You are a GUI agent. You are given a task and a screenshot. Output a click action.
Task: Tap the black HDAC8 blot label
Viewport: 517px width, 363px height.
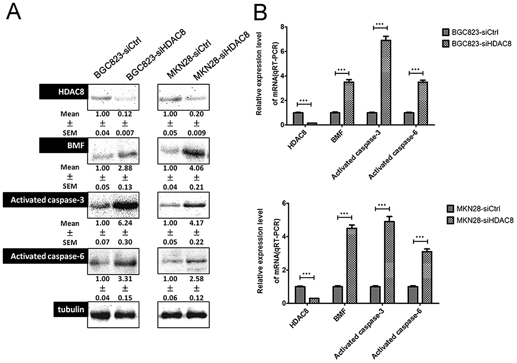click(x=64, y=92)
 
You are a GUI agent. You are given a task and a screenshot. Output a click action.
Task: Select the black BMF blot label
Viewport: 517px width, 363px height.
click(x=64, y=146)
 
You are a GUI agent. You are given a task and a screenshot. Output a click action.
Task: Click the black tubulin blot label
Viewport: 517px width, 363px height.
click(x=71, y=309)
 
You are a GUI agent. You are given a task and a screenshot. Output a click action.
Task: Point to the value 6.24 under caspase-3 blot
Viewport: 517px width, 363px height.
click(x=125, y=223)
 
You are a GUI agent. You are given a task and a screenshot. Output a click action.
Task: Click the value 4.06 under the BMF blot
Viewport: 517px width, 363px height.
click(x=196, y=168)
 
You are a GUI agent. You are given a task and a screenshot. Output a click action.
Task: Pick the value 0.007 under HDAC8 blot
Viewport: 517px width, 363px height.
click(x=125, y=133)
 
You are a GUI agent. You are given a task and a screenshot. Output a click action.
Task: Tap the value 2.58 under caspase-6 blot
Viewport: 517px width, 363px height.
click(x=196, y=279)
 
